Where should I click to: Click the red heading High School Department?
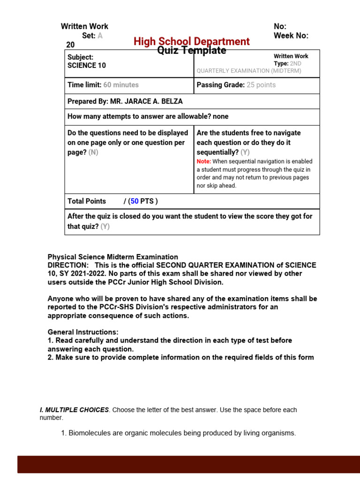[191, 41]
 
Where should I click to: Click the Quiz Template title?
[191, 51]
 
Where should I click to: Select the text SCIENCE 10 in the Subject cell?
[87, 66]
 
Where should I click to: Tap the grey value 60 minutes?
[121, 85]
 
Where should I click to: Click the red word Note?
[204, 161]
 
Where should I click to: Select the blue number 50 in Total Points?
[135, 201]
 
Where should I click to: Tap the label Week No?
[291, 36]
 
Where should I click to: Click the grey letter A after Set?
[100, 36]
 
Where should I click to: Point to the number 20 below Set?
[70, 45]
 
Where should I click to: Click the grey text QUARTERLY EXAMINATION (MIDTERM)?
[249, 71]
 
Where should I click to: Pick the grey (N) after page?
[93, 152]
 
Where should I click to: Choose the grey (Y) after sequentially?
[245, 152]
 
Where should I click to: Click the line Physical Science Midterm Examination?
[112, 257]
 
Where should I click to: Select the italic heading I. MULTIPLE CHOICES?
[74, 410]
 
